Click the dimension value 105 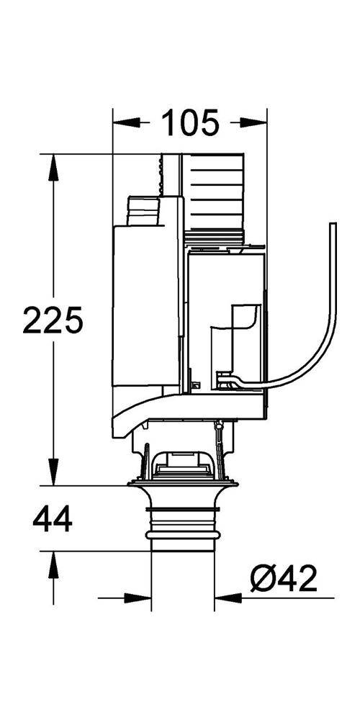[x=189, y=123]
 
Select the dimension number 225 [x=53, y=320]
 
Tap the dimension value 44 [x=53, y=519]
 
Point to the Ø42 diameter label [x=283, y=578]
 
